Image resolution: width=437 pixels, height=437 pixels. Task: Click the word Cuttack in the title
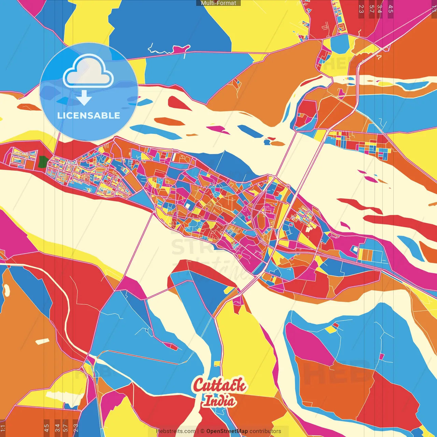pyautogui.click(x=219, y=385)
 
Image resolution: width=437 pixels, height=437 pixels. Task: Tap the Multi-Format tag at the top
pyautogui.click(x=218, y=3)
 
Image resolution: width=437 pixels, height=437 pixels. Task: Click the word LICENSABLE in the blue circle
pyautogui.click(x=89, y=115)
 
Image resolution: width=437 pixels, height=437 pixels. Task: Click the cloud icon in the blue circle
pyautogui.click(x=88, y=72)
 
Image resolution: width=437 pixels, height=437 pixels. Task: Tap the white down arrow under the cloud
pyautogui.click(x=84, y=98)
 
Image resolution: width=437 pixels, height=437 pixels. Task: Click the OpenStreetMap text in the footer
pyautogui.click(x=227, y=431)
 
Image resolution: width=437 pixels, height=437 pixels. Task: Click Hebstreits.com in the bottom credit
pyautogui.click(x=175, y=431)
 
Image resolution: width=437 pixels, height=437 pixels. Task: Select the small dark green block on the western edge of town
pyautogui.click(x=43, y=162)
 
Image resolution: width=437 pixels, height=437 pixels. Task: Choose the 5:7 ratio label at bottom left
pyautogui.click(x=66, y=427)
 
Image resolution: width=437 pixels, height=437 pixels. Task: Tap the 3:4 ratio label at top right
pyautogui.click(x=379, y=9)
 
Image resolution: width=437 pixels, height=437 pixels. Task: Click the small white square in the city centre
pyautogui.click(x=188, y=206)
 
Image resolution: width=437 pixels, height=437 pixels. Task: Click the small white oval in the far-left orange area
pyautogui.click(x=6, y=290)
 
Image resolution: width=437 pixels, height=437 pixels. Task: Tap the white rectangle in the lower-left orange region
pyautogui.click(x=43, y=341)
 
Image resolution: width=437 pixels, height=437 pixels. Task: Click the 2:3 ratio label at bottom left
pyautogui.click(x=76, y=427)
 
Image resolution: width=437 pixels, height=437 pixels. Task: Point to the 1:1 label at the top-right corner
pyautogui.click(x=434, y=9)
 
